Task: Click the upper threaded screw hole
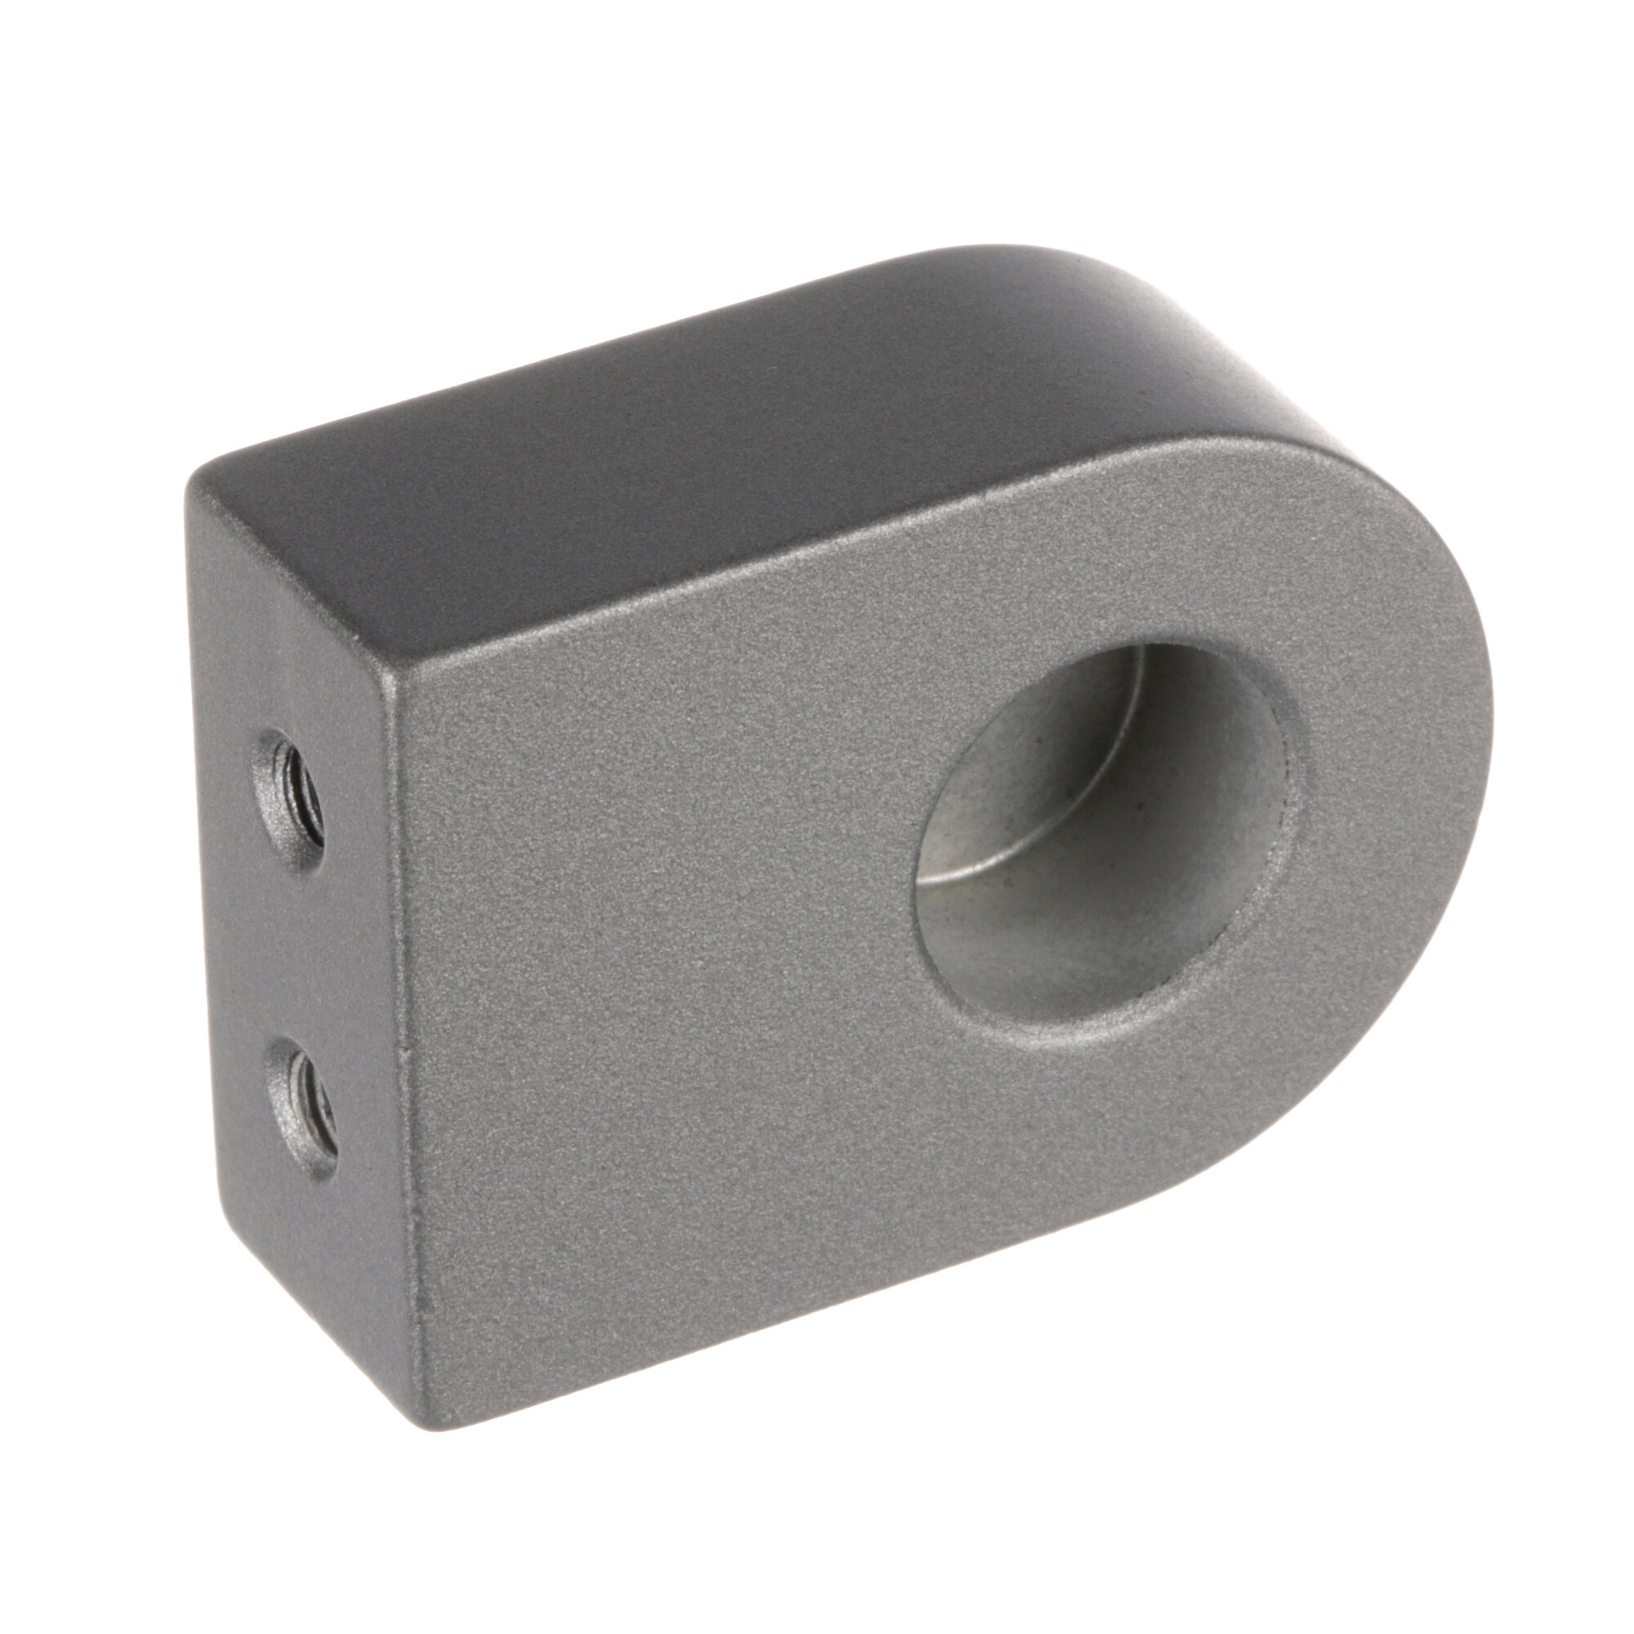(x=292, y=788)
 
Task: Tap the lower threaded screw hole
(x=304, y=1096)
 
